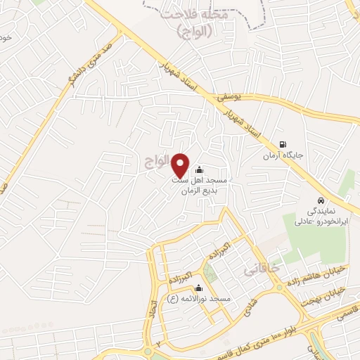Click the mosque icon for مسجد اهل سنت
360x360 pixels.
tap(199, 169)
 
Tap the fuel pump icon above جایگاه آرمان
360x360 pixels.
tap(283, 141)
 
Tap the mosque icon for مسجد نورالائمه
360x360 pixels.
tap(199, 288)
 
